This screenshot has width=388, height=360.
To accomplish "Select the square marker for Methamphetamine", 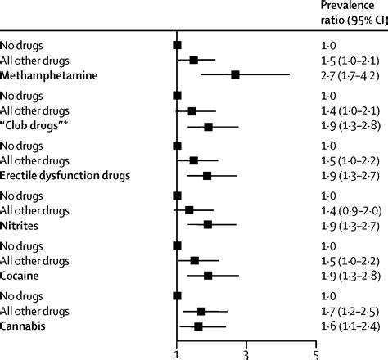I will (236, 75).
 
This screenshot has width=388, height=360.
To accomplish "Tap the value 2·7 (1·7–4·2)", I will (346, 75).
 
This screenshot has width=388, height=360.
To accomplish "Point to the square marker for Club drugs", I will (209, 127).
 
